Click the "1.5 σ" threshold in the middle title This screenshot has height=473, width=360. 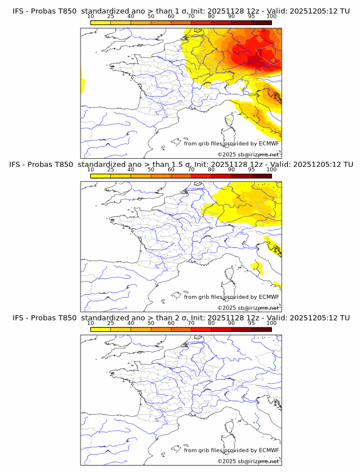181,164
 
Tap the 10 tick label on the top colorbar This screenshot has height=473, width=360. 91,17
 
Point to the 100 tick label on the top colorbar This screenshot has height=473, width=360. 271,17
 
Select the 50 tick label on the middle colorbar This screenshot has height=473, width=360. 151,170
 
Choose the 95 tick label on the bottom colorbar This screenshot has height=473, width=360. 251,323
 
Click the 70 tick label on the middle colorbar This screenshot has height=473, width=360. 191,170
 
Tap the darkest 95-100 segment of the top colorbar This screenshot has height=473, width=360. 261,23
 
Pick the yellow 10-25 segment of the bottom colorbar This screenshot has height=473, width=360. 101,330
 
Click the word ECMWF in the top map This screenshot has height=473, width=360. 269,143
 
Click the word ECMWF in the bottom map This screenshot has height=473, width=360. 269,450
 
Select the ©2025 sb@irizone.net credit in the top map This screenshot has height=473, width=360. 249,154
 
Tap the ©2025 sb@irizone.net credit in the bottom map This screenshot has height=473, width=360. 249,461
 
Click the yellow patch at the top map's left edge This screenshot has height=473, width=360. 83,81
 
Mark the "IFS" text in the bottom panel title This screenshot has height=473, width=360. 19,318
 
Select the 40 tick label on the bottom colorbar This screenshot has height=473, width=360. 131,323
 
